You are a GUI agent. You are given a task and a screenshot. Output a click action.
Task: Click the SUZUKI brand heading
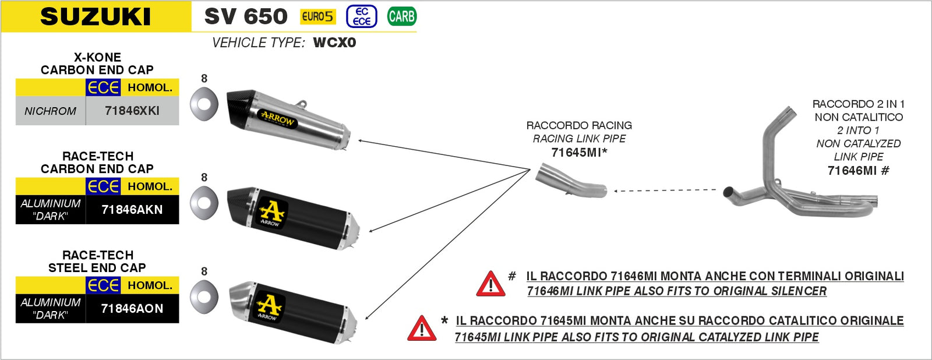tap(96, 16)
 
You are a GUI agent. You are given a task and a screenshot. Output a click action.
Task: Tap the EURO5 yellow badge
tap(318, 16)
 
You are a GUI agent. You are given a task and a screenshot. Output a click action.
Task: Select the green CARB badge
tap(401, 16)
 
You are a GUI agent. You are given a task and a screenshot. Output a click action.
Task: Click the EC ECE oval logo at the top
tap(362, 16)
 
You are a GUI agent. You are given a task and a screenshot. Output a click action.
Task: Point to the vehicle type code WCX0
tap(334, 43)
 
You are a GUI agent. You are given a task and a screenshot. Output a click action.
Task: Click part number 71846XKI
tap(132, 111)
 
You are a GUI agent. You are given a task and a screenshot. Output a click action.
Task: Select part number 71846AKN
tap(132, 210)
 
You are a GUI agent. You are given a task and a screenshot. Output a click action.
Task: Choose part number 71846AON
tap(132, 309)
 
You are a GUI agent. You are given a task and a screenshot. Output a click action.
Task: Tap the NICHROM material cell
tap(51, 111)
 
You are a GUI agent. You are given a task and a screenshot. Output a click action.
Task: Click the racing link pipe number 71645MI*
tap(579, 153)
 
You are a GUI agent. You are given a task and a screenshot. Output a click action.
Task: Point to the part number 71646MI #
tap(858, 171)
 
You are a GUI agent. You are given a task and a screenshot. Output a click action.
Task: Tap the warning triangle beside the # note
tap(490, 284)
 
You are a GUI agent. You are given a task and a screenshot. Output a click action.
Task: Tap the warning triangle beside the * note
tap(422, 329)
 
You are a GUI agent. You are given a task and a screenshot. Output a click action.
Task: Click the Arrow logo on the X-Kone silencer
tap(277, 118)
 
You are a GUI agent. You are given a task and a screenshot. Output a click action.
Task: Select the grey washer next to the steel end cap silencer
tap(204, 296)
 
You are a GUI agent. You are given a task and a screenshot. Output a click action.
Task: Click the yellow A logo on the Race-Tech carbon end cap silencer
tap(271, 212)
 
